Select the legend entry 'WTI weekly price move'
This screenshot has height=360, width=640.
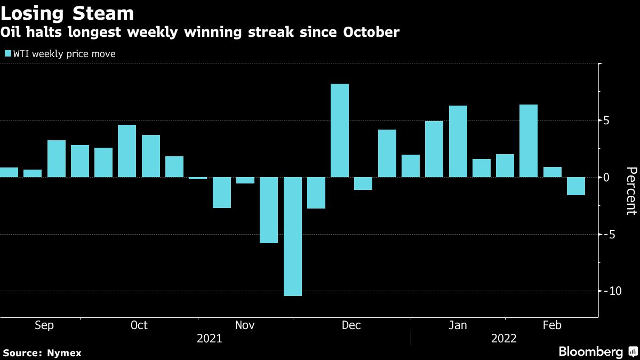[60, 54]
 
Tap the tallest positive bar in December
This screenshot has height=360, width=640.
[340, 130]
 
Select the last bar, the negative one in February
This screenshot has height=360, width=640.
[575, 186]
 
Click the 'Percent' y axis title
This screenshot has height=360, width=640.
[631, 190]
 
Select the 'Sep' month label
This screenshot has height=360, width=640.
[44, 325]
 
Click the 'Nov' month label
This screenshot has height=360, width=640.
[245, 325]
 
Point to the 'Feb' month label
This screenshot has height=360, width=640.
[551, 325]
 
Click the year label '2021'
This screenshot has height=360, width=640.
[210, 339]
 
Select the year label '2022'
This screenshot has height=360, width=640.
[504, 339]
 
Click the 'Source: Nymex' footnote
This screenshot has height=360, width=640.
[42, 353]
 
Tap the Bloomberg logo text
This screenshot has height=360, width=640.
[590, 352]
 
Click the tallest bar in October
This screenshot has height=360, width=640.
[127, 151]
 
